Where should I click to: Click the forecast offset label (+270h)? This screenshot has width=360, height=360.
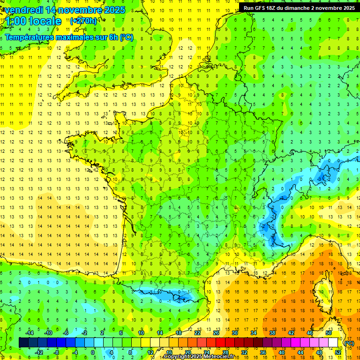(83, 21)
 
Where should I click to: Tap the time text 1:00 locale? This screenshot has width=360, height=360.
(33, 21)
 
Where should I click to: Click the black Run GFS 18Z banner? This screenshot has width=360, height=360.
(299, 7)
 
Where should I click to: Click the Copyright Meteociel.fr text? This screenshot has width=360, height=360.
(199, 357)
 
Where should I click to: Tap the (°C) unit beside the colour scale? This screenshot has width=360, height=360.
(349, 343)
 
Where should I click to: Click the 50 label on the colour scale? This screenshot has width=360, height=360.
(329, 332)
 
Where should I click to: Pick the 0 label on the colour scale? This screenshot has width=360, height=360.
(92, 352)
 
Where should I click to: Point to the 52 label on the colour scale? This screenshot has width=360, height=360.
(338, 352)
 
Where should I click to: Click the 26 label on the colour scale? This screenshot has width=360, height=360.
(216, 332)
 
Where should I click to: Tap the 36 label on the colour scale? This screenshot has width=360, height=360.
(263, 352)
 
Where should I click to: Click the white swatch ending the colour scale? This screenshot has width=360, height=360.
(333, 343)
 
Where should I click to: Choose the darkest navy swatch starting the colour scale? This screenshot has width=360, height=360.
(24, 343)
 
